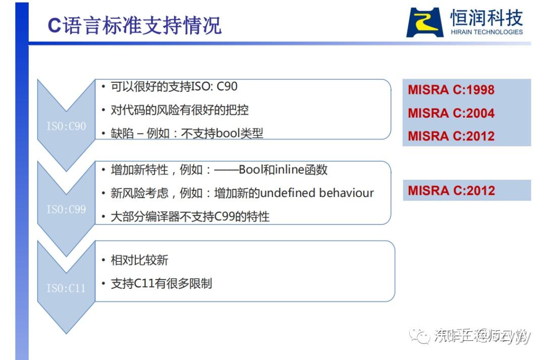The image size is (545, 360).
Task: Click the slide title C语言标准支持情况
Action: [134, 25]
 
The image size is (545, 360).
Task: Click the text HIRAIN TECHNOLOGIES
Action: [486, 32]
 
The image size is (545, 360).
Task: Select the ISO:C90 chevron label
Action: [66, 126]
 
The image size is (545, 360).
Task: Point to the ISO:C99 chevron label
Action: [66, 209]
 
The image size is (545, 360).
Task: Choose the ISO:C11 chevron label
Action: [66, 288]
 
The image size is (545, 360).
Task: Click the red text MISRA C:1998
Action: [451, 90]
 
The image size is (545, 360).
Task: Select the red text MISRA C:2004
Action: [451, 113]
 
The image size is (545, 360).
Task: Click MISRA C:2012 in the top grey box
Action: [451, 136]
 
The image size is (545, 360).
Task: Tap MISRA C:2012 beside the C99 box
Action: [451, 190]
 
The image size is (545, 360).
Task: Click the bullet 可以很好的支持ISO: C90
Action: [174, 87]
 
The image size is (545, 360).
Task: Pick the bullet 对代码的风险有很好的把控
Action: [180, 110]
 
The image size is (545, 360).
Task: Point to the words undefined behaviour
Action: [317, 193]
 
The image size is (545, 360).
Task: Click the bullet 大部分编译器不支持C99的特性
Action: [190, 217]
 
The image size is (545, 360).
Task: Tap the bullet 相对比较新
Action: [140, 261]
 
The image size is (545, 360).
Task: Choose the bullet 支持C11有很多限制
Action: [161, 284]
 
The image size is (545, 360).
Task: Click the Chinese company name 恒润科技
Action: [486, 18]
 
